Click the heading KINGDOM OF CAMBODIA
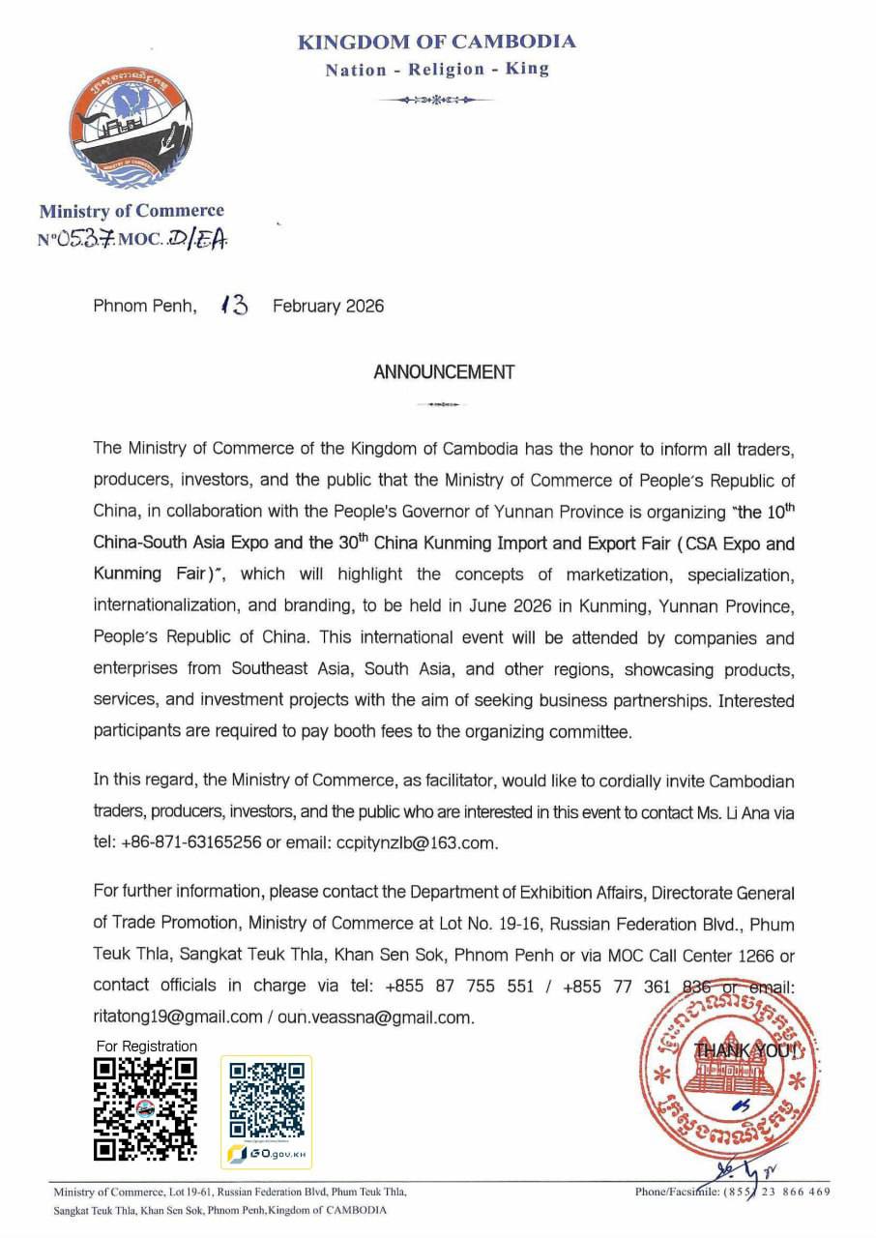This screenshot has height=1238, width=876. click(x=436, y=42)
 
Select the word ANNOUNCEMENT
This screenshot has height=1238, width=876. click(x=444, y=371)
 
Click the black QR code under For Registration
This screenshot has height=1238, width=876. click(x=145, y=1108)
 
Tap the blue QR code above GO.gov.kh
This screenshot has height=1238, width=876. click(x=267, y=1100)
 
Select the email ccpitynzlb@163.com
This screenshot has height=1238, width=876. click(x=427, y=842)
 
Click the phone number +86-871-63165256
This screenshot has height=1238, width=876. click(x=191, y=842)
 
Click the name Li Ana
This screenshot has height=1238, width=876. click(x=748, y=813)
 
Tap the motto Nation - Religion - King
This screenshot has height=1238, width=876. click(x=436, y=70)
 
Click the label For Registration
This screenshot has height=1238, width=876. click(x=146, y=1046)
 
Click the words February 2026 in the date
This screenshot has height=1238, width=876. click(x=328, y=307)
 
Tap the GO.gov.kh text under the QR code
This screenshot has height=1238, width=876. click(x=278, y=1154)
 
